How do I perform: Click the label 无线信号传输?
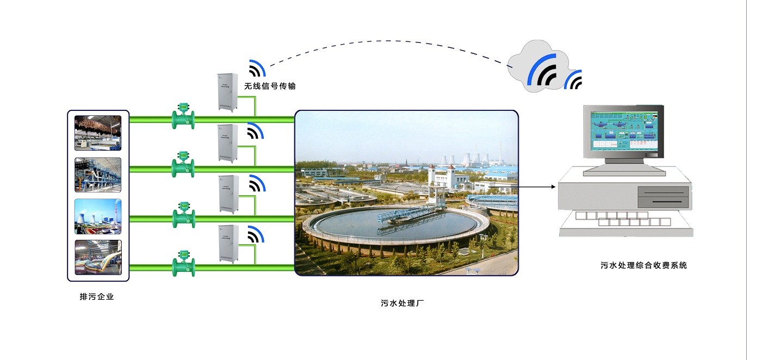pos(270,86)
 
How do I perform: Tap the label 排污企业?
pos(97,297)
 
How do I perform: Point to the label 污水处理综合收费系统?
pos(643,265)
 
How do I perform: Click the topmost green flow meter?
pos(184,116)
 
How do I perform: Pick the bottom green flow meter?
pos(184,263)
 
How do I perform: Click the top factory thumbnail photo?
pos(98,133)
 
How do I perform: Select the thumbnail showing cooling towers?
pos(98,216)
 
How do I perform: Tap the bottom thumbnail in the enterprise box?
pos(98,257)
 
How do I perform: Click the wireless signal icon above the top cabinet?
pos(257,69)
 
